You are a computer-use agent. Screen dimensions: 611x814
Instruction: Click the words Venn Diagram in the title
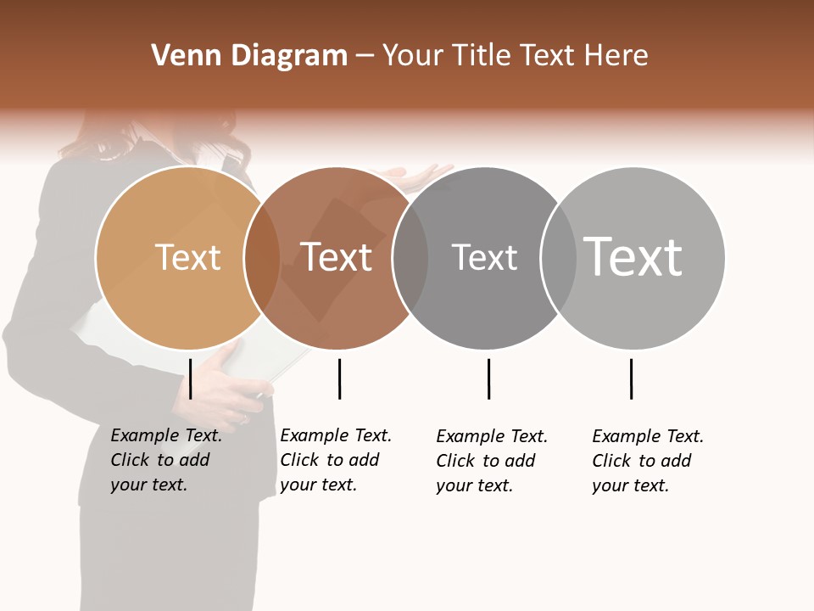coord(249,56)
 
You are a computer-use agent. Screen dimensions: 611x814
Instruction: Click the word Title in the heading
coord(483,56)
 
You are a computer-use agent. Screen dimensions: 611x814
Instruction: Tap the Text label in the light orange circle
coord(187,257)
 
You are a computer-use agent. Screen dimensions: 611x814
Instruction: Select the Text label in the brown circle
coord(337,257)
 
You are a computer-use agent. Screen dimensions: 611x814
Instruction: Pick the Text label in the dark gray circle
coord(484,257)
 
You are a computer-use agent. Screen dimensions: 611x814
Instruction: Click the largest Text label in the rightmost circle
coord(633,256)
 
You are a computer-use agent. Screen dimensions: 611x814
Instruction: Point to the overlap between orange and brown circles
coord(262,258)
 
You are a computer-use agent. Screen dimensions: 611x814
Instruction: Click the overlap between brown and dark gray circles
coord(410,258)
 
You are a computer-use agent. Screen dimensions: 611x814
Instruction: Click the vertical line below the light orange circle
coord(191,378)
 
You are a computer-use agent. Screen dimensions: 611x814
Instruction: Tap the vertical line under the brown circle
coord(339,378)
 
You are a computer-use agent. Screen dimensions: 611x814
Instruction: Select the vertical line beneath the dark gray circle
coord(488,378)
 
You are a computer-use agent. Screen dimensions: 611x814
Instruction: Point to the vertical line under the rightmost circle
coord(631,378)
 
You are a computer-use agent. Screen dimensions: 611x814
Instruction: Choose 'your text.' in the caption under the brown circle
coord(318,485)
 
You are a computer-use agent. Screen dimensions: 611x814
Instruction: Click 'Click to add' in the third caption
coord(486,461)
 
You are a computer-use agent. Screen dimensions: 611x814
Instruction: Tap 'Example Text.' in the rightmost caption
coord(648,436)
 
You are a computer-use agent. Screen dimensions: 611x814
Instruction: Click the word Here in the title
coord(622,56)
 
